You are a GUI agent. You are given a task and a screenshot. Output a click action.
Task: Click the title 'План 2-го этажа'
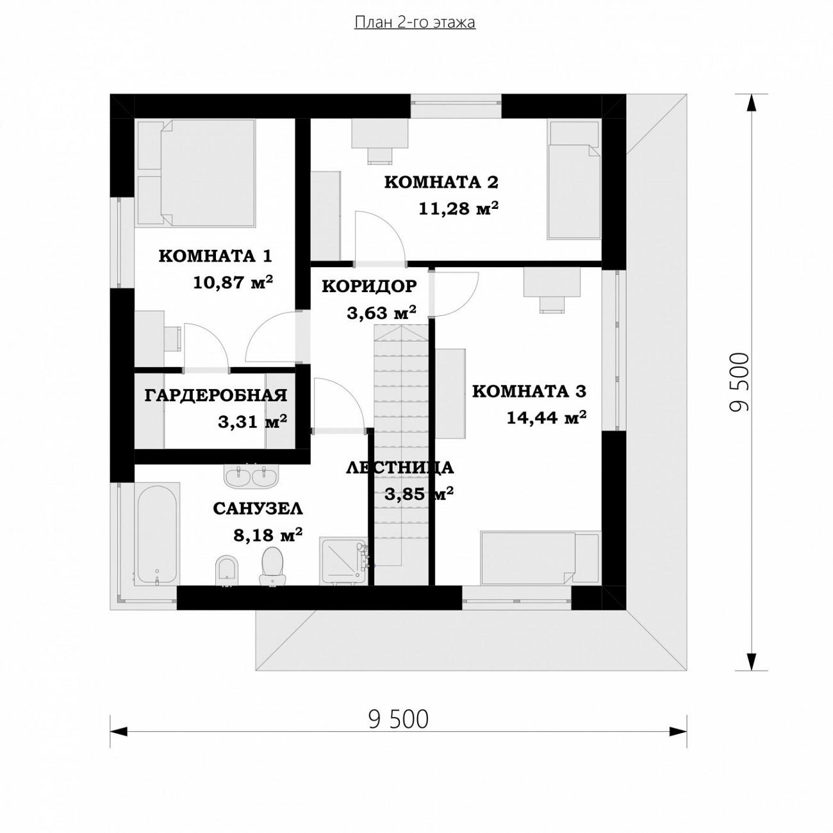click(x=415, y=22)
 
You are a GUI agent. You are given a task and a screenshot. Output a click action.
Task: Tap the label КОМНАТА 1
click(x=215, y=256)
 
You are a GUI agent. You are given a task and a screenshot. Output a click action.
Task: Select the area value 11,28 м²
click(x=458, y=208)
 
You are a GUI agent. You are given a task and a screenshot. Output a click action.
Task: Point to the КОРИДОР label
click(x=369, y=286)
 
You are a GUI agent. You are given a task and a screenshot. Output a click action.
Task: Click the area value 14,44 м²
click(x=547, y=418)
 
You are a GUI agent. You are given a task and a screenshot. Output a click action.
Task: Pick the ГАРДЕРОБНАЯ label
click(x=216, y=395)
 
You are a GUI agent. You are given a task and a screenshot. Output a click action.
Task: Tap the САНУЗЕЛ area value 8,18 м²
click(x=268, y=535)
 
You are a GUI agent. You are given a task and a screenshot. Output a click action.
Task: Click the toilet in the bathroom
click(x=272, y=566)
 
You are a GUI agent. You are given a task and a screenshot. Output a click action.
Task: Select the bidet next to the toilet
click(x=227, y=571)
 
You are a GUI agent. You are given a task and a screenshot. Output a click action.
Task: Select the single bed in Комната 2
click(x=574, y=179)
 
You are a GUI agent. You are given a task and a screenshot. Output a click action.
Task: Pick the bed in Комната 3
click(x=540, y=558)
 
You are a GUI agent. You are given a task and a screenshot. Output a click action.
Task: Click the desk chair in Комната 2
click(x=381, y=155)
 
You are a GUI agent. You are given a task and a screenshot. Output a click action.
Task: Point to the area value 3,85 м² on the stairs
click(x=418, y=493)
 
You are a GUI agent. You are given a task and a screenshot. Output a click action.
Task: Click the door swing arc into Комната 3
click(x=468, y=302)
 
